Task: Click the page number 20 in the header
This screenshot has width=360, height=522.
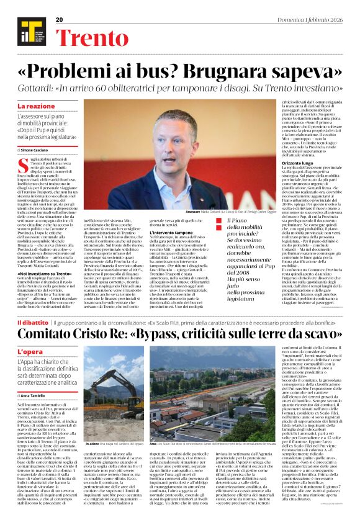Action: tap(60, 20)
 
